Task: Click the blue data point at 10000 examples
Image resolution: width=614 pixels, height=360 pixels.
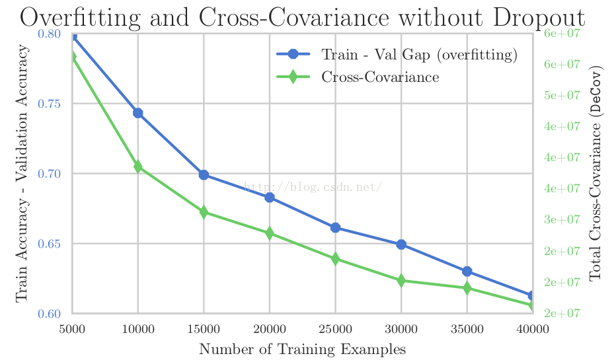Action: tap(138, 113)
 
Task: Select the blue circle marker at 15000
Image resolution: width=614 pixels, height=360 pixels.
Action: tap(204, 174)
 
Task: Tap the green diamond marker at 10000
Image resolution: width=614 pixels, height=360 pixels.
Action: tap(138, 166)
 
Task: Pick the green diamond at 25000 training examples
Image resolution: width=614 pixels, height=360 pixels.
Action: tap(335, 259)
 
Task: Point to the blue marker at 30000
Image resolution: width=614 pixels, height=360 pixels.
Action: tap(401, 244)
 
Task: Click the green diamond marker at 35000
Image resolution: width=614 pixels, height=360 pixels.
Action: tap(467, 288)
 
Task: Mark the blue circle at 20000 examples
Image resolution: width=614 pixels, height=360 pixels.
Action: tap(270, 198)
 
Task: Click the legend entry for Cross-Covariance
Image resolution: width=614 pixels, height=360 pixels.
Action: tap(380, 77)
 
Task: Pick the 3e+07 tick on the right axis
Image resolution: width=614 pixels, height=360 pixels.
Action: tap(561, 219)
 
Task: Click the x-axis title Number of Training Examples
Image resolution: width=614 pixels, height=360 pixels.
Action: tap(302, 349)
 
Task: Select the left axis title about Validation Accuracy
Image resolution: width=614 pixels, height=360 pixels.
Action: tap(22, 173)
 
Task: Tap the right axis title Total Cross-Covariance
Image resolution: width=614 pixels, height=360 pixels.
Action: tap(596, 173)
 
